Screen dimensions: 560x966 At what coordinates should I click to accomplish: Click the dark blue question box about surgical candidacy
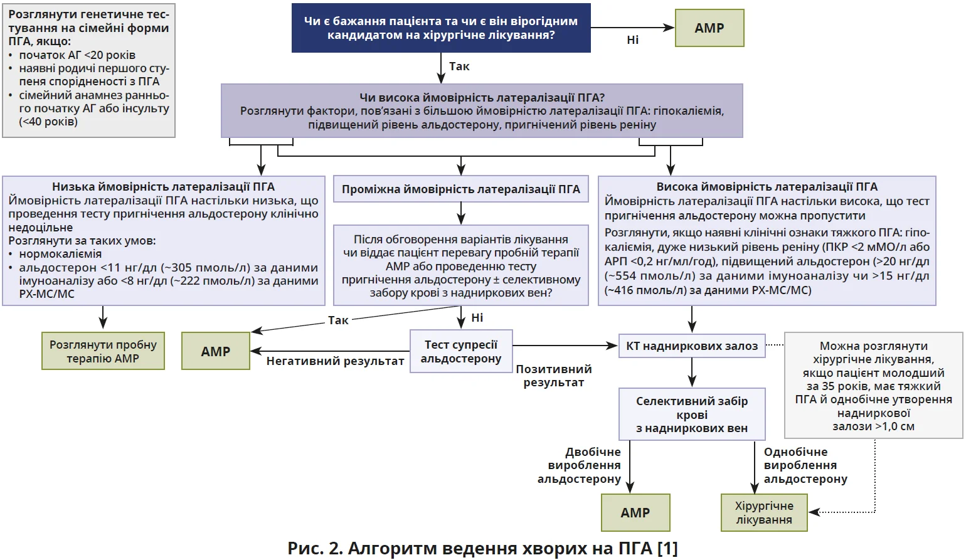coord(441,28)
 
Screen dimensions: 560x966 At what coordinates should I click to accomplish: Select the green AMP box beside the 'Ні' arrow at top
coord(709,28)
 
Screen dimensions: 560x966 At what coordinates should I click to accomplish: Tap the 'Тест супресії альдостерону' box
coord(461,352)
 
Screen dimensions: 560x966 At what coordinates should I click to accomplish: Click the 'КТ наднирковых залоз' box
coord(692,346)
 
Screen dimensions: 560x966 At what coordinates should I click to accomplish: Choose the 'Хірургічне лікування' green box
coord(764,513)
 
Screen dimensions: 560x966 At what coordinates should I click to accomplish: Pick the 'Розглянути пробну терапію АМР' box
coord(103,351)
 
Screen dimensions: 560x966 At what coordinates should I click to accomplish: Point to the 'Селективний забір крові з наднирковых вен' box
coord(692,415)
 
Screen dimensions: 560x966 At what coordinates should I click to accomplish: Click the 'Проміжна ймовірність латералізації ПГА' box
coord(461,189)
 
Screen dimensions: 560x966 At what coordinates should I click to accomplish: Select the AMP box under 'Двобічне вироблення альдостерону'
coord(635,513)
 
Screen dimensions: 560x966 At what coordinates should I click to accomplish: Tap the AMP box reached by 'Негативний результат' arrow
coord(216,351)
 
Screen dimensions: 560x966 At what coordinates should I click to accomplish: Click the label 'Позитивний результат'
coord(553,376)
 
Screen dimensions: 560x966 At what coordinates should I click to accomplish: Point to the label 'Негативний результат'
coord(335,361)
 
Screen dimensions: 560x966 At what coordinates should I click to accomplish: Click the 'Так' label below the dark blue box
coord(459,66)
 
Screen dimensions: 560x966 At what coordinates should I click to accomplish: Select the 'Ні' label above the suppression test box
coord(477,318)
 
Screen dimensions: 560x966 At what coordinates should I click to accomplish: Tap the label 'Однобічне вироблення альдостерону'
coord(805,465)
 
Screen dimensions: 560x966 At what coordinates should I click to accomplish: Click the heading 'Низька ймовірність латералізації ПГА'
coord(163,187)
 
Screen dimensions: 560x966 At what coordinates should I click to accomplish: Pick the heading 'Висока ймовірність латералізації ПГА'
coord(767,187)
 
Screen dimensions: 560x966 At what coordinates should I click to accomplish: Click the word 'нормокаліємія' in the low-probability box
coord(60,254)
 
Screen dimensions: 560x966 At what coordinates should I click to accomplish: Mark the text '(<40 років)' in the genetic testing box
coord(48,122)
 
